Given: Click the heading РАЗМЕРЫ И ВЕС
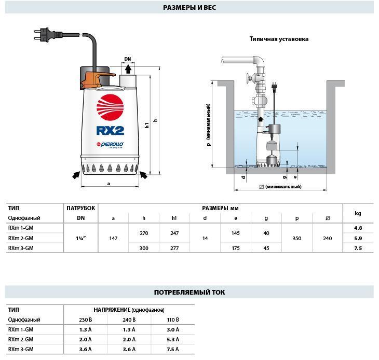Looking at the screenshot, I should (x=189, y=7).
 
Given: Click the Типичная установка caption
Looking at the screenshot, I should (x=278, y=39).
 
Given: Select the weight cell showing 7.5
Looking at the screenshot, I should (x=358, y=248).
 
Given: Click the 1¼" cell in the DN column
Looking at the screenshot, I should (x=80, y=238).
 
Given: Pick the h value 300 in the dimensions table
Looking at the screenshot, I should (x=144, y=248).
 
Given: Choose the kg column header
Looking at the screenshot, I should (x=358, y=213).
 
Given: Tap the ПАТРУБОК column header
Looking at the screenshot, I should (x=80, y=208).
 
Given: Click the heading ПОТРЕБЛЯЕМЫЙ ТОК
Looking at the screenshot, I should (x=189, y=292).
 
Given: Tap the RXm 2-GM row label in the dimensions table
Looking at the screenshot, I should (x=21, y=238).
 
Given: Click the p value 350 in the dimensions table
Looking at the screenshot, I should (x=297, y=238).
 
